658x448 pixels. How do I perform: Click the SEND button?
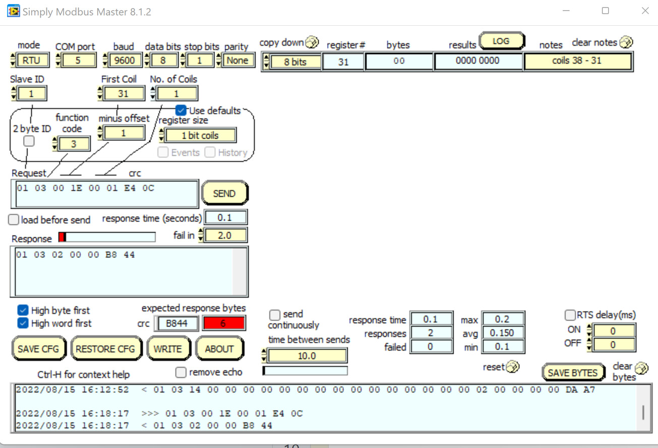224,194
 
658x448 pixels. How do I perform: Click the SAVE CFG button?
38,349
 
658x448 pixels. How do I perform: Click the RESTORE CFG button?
105,349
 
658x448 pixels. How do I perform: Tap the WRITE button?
168,349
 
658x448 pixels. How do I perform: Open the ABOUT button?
219,349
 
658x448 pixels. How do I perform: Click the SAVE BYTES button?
572,373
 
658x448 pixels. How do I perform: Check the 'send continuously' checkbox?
275,315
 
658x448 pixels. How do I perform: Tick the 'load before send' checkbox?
14,220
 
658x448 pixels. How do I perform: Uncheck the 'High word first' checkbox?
23,323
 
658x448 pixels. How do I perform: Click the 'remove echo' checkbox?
181,372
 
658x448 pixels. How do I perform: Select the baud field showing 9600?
125,60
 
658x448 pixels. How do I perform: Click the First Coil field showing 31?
123,94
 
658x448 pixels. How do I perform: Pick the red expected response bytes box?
223,324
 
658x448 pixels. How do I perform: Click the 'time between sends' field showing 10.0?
307,356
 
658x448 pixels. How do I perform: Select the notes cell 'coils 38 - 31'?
577,61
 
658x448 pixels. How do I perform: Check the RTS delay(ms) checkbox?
570,315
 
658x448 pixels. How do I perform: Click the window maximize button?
606,11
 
